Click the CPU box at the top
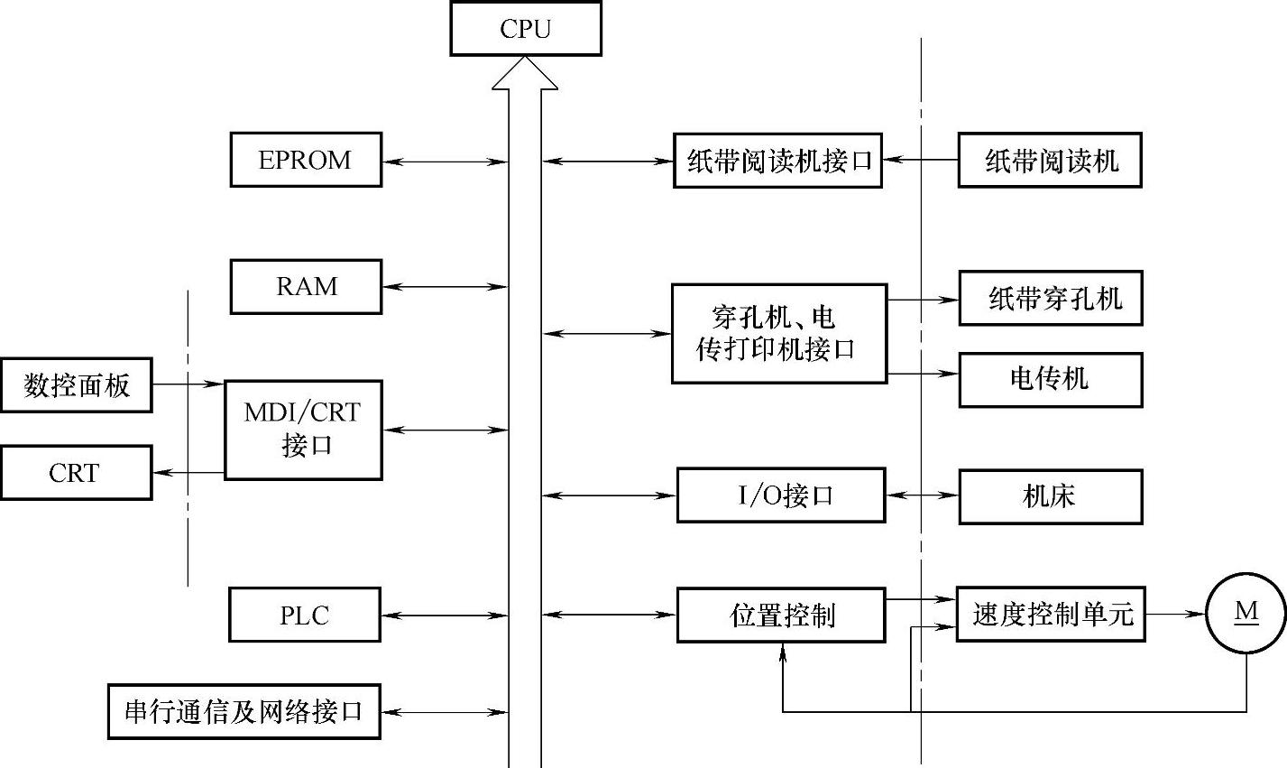point(526,29)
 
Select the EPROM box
point(306,160)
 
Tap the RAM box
point(306,287)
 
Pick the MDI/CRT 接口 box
point(303,430)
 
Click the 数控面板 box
point(77,385)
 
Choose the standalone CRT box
point(76,472)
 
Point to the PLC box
point(305,615)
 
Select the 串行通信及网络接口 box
point(244,712)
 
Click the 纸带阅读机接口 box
point(777,161)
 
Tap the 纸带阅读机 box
point(1050,161)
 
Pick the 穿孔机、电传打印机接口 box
point(779,334)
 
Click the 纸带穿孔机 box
point(1051,298)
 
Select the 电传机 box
point(1051,379)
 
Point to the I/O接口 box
point(781,495)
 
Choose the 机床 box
point(1051,495)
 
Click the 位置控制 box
point(781,615)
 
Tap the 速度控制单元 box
point(1051,615)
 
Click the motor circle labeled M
point(1246,613)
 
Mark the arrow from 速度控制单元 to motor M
point(1176,614)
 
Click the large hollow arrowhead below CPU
point(525,74)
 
